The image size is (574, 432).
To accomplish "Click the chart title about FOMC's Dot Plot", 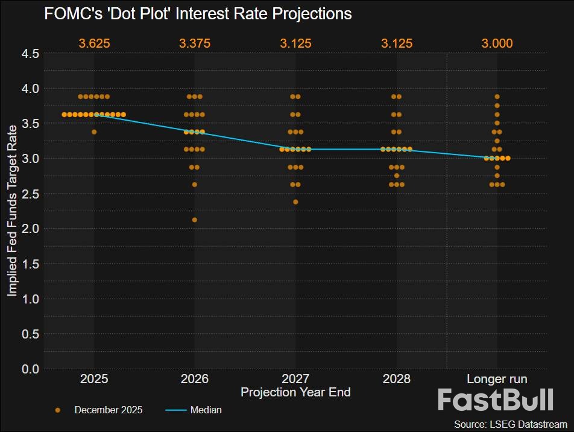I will point(198,13).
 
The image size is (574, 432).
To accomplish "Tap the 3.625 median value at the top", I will point(94,43).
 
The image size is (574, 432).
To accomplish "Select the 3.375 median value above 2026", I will point(194,43).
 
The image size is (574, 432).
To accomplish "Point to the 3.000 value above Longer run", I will point(497,43).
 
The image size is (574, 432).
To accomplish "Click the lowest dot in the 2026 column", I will point(194,220).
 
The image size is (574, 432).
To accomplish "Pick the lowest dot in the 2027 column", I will point(295,202).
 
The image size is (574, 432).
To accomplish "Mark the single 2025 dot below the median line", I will point(94,132).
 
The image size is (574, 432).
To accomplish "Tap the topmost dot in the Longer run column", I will point(497,97).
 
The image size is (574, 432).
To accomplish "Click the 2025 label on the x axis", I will point(94,379).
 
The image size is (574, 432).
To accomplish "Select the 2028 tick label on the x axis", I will point(396,379).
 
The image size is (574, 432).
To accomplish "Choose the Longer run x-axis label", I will point(497,379).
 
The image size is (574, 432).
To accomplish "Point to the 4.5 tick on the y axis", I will point(30,54).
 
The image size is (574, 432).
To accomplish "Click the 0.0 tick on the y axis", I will point(30,369).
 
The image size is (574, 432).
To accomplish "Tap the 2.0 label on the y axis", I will point(30,229).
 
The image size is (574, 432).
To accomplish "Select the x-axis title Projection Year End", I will point(295,392).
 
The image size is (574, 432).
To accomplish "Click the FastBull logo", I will point(495,400).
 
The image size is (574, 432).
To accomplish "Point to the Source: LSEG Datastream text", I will point(510,424).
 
